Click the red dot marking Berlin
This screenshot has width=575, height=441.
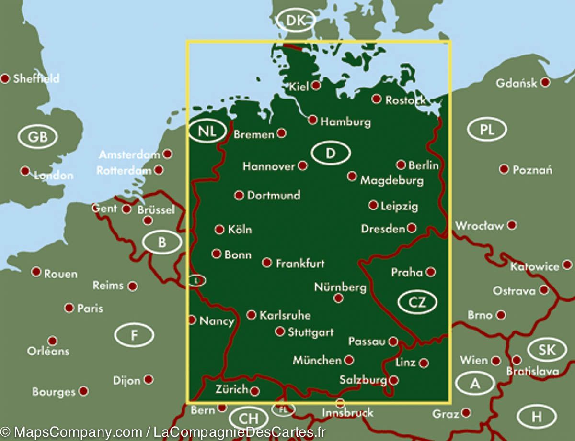pos(401,165)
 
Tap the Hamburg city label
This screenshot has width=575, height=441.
pos(345,122)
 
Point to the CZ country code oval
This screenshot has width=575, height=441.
pos(417,302)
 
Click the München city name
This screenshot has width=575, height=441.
pos(317,360)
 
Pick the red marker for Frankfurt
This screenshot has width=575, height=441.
pos(267,263)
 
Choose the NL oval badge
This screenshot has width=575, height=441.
pos(207,132)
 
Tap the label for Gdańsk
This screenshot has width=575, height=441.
pos(517,83)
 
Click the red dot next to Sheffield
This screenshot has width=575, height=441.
pos(5,78)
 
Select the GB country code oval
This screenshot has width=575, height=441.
pos(37,137)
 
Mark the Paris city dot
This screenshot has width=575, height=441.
pos(69,308)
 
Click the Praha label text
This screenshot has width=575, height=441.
pos(407,272)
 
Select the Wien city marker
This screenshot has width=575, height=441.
pos(496,360)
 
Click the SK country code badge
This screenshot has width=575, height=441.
pos(547,350)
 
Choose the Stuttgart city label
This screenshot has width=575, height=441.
pos(310,332)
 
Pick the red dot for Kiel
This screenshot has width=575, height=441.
pos(316,86)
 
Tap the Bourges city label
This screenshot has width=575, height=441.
pos(54,392)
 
